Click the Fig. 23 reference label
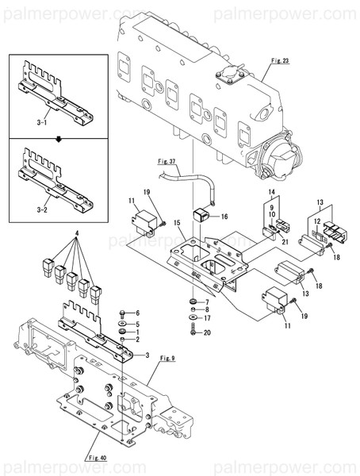[x=281, y=60]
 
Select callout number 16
[x=224, y=215]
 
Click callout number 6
[x=136, y=313]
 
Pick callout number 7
[x=207, y=302]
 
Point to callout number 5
[x=136, y=324]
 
